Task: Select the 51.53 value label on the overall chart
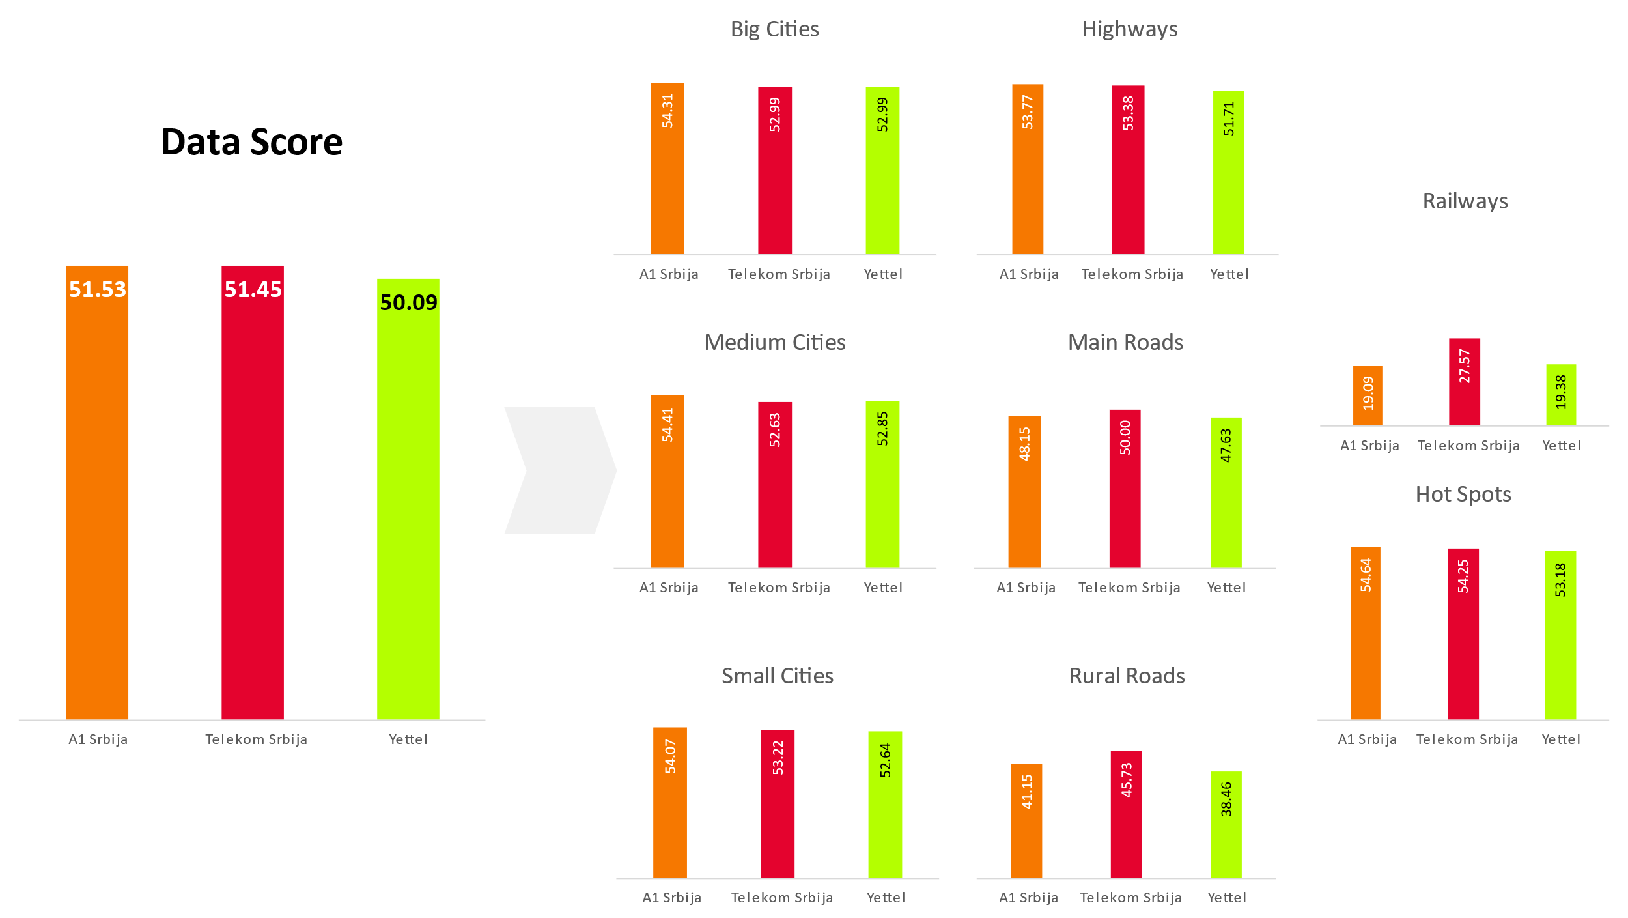[98, 289]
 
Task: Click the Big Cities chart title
[774, 29]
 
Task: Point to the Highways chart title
[1129, 29]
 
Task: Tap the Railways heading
[1465, 201]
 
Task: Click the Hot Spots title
[1463, 495]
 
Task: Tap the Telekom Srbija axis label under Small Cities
[781, 898]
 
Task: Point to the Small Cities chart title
[777, 676]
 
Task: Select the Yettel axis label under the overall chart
[408, 739]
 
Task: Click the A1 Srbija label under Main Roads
[1026, 588]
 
